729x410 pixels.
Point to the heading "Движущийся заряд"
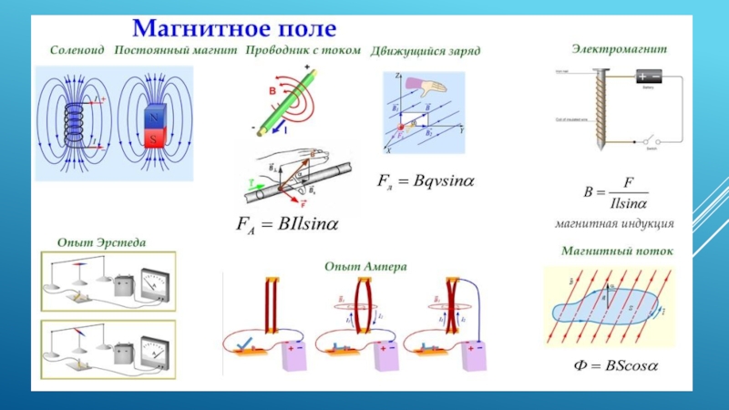(426, 51)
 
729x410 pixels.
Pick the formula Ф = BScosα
(615, 366)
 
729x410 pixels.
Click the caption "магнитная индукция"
(615, 222)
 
